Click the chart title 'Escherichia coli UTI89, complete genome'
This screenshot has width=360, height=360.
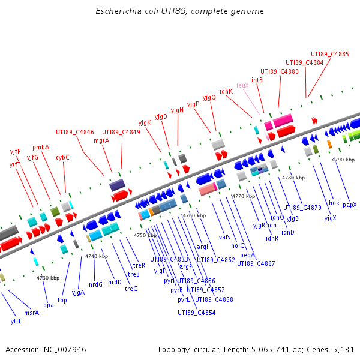pyautogui.click(x=179, y=11)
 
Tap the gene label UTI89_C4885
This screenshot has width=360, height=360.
pyautogui.click(x=329, y=54)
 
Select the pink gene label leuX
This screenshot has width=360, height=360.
pyautogui.click(x=242, y=86)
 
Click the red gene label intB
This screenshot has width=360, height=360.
pyautogui.click(x=257, y=80)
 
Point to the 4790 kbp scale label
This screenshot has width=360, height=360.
pyautogui.click(x=343, y=160)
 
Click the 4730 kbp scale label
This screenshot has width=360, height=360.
pyautogui.click(x=48, y=278)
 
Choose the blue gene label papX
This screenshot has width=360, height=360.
pyautogui.click(x=349, y=205)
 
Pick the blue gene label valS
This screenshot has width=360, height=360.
pyautogui.click(x=224, y=237)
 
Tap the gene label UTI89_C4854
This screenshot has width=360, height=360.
pyautogui.click(x=196, y=313)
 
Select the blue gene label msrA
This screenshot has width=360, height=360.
pyautogui.click(x=31, y=313)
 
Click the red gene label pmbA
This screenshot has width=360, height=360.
pyautogui.click(x=41, y=147)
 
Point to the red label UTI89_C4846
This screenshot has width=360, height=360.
pyautogui.click(x=75, y=132)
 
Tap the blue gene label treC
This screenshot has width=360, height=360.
pyautogui.click(x=131, y=289)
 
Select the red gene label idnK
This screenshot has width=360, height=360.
pyautogui.click(x=226, y=92)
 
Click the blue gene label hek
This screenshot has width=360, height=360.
pyautogui.click(x=334, y=203)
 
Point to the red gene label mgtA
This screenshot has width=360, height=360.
pyautogui.click(x=101, y=141)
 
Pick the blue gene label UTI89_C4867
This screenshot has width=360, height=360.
pyautogui.click(x=256, y=263)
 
